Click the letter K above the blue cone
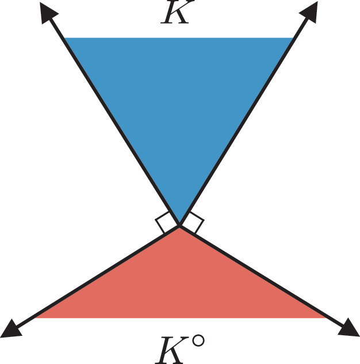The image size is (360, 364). coord(177,12)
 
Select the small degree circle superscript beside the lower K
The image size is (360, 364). coord(198,340)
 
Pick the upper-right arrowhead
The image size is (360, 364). coord(310,12)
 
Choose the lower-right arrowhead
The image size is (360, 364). coord(350,328)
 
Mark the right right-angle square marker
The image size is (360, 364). coord(196,222)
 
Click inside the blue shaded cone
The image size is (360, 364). coord(179,105)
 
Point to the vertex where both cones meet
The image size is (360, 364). coord(179,225)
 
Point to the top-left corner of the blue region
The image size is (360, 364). coord(64,38)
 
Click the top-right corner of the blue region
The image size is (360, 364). coord(293,38)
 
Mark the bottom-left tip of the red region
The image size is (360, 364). coord(35,318)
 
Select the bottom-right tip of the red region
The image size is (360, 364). coord(326,318)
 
